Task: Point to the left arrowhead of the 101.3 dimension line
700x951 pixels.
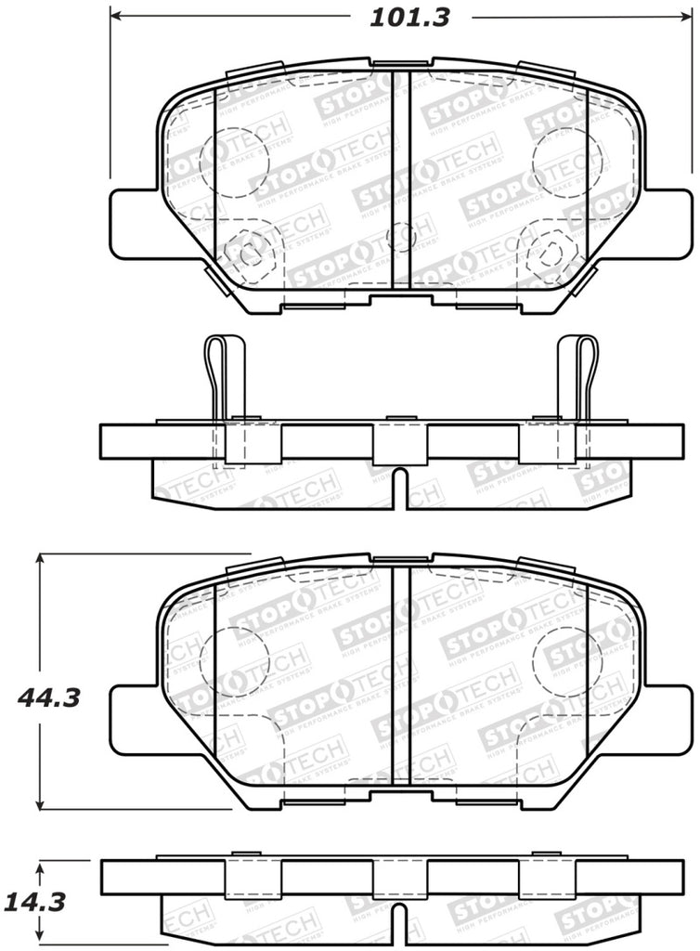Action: click(116, 17)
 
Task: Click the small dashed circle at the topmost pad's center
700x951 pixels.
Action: click(401, 238)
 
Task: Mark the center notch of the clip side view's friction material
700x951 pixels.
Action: click(400, 489)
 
